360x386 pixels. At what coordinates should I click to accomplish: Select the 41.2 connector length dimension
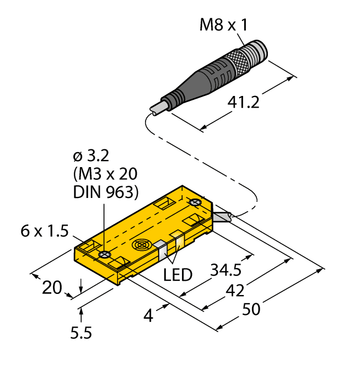point(243,103)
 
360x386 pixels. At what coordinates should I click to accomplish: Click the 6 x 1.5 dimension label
point(46,232)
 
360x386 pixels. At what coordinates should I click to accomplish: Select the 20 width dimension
point(52,287)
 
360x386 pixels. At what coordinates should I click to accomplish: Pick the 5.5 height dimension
point(81,333)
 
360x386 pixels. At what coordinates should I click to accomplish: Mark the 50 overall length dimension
point(251,309)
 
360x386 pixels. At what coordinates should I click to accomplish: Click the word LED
point(179,274)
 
